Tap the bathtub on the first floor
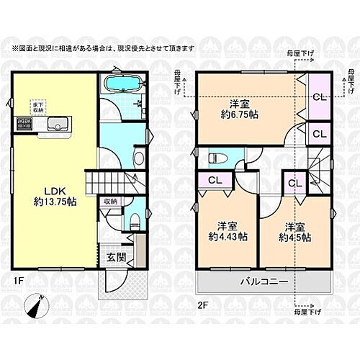(121, 84)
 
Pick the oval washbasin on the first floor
(140, 157)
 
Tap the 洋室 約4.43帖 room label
(219, 231)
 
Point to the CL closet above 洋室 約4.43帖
(214, 181)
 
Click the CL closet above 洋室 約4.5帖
(294, 184)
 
